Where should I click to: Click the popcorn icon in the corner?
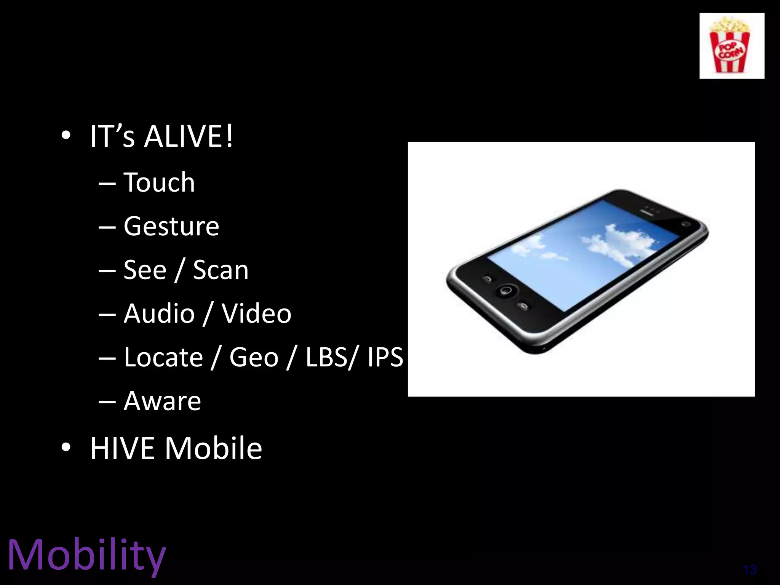(731, 46)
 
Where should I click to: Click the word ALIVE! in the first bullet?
(189, 136)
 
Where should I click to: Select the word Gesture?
(171, 226)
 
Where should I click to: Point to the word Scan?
(221, 270)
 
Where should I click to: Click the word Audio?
(159, 313)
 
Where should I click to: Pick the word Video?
(257, 313)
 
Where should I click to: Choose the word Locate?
(163, 357)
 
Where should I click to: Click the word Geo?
(254, 358)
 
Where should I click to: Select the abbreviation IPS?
(385, 357)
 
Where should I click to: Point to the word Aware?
(162, 401)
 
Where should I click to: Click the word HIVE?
(122, 448)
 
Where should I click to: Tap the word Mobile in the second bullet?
(214, 448)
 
